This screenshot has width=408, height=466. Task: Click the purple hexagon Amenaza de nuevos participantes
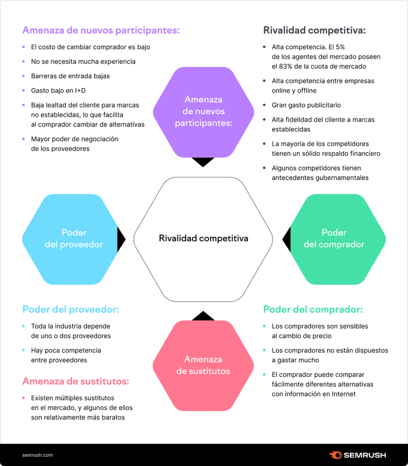(x=203, y=112)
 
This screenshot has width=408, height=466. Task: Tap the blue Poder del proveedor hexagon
(x=70, y=239)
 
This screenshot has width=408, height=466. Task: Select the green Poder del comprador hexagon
(x=338, y=239)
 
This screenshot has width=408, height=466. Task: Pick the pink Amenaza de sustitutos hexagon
(x=203, y=366)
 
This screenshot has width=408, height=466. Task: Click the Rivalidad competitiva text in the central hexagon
(x=203, y=238)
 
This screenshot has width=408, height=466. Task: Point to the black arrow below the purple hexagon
(x=203, y=162)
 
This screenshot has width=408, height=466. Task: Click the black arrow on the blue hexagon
(x=121, y=239)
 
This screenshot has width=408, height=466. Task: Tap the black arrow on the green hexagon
(x=287, y=239)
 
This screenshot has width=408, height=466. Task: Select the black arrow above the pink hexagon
(x=203, y=316)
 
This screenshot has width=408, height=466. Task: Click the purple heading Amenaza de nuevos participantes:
(x=101, y=30)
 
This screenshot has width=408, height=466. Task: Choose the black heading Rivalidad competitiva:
(x=314, y=30)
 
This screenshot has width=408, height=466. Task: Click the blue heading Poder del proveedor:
(x=71, y=310)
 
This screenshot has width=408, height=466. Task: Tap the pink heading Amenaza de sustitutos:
(x=76, y=381)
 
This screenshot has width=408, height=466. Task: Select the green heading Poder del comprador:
(x=313, y=310)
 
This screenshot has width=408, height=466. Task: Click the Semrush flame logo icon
(x=335, y=455)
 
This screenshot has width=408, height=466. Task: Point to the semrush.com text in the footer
(x=38, y=455)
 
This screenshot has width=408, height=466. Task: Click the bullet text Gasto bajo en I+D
(x=58, y=91)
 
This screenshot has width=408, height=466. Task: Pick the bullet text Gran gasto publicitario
(x=306, y=105)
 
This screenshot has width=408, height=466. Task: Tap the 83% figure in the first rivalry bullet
(x=286, y=66)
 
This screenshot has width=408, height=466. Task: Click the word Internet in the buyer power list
(x=344, y=394)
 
